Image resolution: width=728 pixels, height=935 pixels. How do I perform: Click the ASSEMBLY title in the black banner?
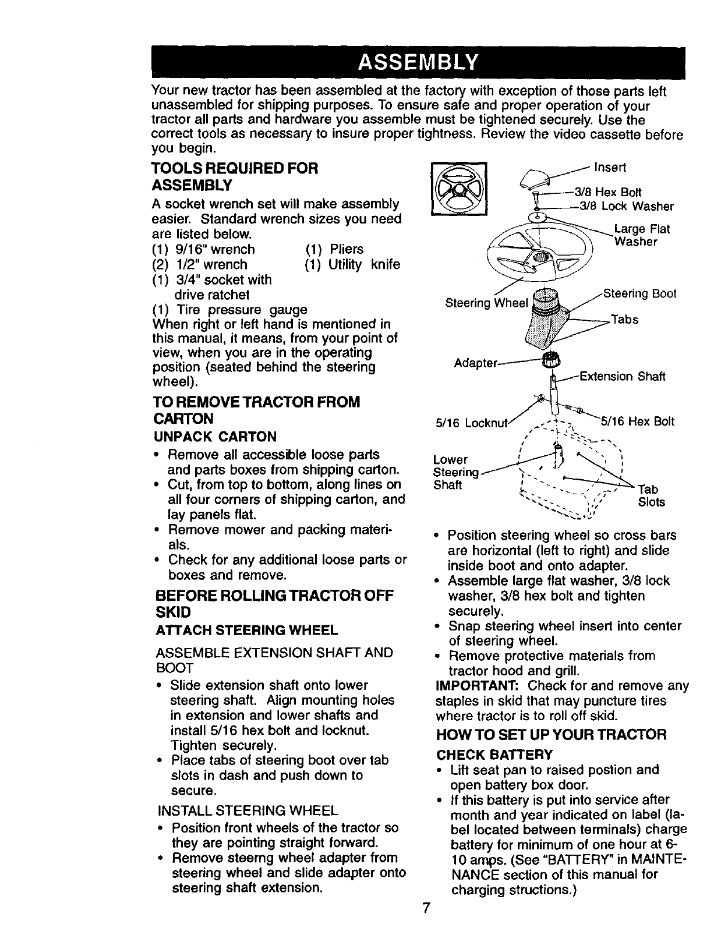click(x=418, y=61)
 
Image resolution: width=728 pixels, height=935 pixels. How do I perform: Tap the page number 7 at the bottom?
click(x=426, y=908)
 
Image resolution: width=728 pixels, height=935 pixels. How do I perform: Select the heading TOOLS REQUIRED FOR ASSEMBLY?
click(x=235, y=177)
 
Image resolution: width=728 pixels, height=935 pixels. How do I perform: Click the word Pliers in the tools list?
click(x=346, y=250)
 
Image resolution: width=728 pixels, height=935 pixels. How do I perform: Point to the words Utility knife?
click(x=364, y=265)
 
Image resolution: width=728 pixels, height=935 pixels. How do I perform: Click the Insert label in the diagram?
click(x=610, y=168)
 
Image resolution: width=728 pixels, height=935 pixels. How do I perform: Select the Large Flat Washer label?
click(x=642, y=235)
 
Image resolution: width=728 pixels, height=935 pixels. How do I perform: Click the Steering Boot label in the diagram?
click(x=639, y=293)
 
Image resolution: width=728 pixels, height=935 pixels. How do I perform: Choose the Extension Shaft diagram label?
click(x=622, y=377)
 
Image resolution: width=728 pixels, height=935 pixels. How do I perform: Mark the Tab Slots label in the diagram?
click(x=651, y=495)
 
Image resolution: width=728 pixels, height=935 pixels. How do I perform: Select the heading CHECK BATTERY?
click(x=494, y=755)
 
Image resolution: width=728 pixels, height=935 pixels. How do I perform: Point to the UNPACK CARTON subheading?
click(x=214, y=437)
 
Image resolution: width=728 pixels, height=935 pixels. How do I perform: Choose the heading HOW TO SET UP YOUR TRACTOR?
click(x=551, y=734)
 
